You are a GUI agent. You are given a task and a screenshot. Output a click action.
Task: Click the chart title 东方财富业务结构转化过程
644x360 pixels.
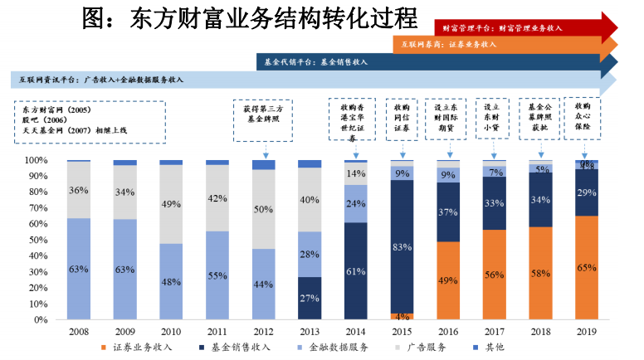tap(249, 17)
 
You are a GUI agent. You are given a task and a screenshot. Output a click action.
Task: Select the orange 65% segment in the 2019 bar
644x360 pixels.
tap(586, 268)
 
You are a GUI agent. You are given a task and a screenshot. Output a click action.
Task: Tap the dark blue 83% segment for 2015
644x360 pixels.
tap(401, 246)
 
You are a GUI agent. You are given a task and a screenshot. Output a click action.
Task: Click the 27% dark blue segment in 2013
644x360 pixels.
tap(310, 299)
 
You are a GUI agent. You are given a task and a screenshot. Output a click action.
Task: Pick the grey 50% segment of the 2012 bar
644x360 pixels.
tap(263, 209)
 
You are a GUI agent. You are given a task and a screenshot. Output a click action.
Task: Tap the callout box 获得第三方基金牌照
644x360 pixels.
tap(264, 114)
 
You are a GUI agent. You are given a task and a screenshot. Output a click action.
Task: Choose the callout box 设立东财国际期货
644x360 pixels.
tap(448, 118)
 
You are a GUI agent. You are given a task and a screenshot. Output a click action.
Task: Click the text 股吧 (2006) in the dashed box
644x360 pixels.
tap(41, 119)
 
